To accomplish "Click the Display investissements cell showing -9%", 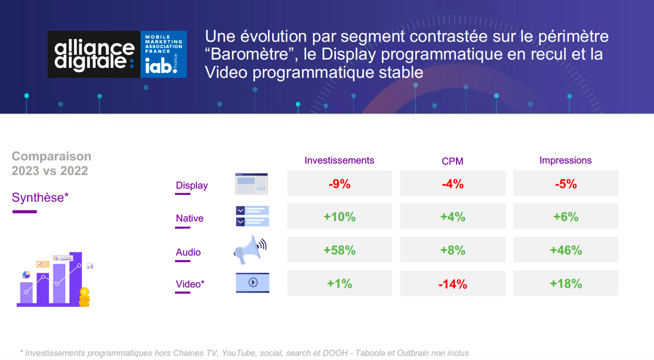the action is (x=340, y=184).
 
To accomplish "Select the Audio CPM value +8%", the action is (x=452, y=250).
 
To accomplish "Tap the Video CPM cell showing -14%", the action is (x=453, y=284).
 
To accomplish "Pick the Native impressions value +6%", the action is (x=566, y=217).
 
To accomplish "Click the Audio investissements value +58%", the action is (x=340, y=250).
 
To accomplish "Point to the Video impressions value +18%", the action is (x=566, y=284).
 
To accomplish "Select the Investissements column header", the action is (x=339, y=160).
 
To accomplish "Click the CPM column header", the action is (x=452, y=161).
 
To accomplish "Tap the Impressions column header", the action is (x=566, y=160).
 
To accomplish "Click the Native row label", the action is (x=190, y=218).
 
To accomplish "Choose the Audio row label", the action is (x=188, y=252).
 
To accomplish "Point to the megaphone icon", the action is (x=250, y=250).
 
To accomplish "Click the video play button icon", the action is (x=253, y=282).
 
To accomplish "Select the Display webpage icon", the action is (x=251, y=184).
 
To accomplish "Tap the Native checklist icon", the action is (x=252, y=216).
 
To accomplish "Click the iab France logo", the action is (x=163, y=54).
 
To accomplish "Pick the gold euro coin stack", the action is (x=85, y=297).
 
